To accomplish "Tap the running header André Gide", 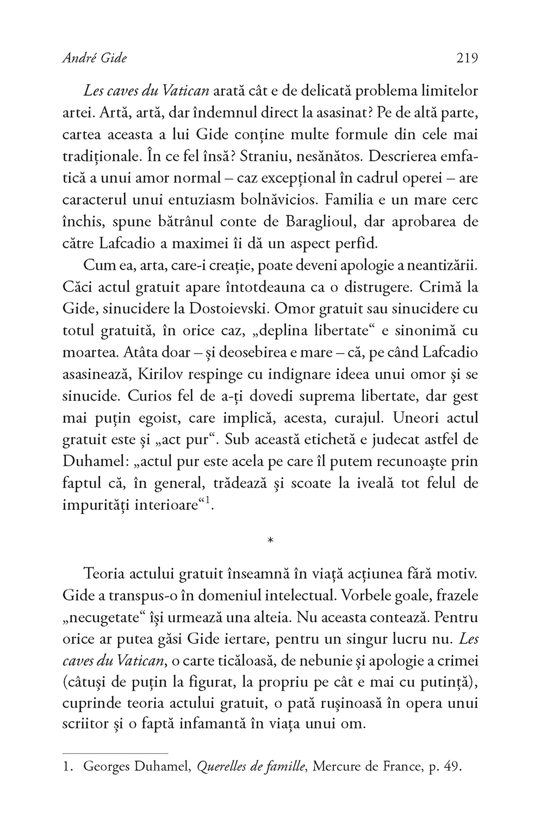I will point(95,58).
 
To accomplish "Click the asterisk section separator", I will point(270,541).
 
